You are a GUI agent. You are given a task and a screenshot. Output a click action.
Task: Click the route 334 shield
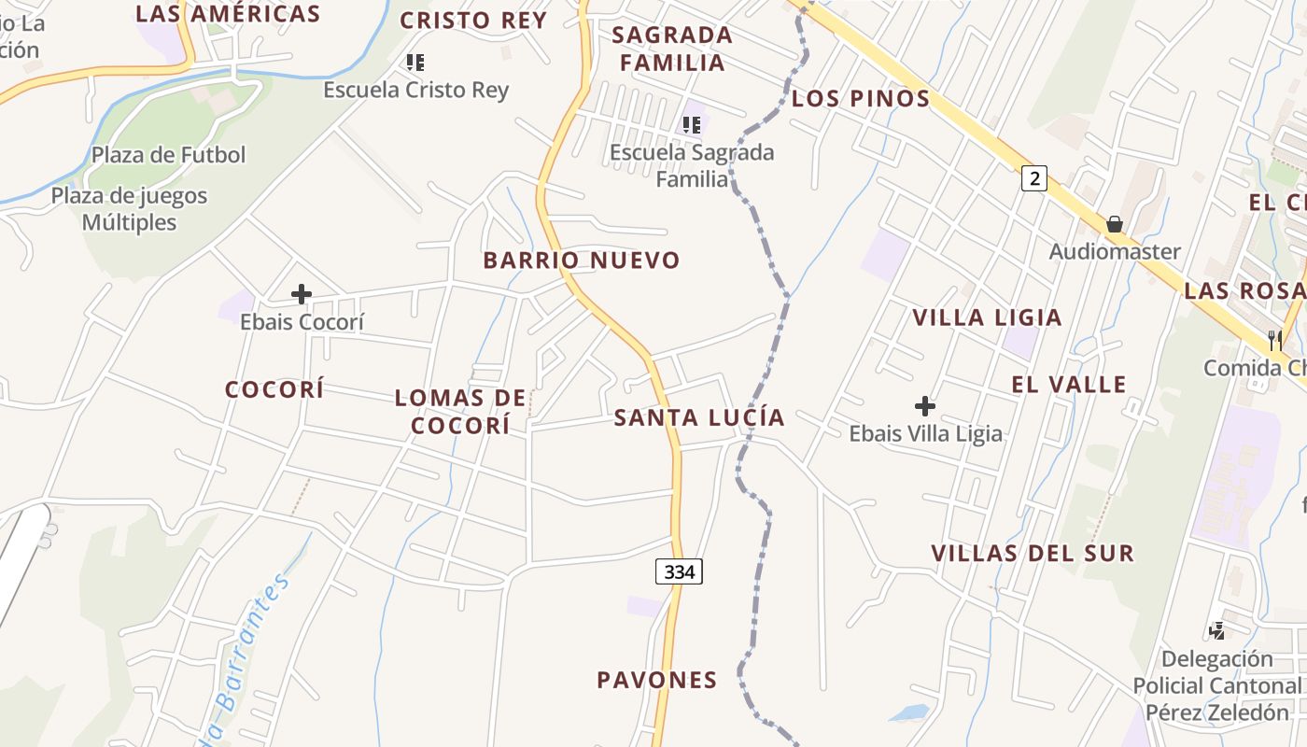tap(679, 571)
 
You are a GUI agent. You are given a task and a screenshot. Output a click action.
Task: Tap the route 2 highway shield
tap(1033, 177)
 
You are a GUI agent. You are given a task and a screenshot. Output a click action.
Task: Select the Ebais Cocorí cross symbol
tap(301, 295)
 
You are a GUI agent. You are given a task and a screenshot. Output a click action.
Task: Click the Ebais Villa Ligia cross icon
tap(925, 406)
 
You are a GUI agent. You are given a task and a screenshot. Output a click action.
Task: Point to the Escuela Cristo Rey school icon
tap(415, 63)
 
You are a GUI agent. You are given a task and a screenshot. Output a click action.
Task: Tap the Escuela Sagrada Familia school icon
tap(692, 124)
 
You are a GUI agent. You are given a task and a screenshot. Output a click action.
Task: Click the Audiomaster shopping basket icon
tap(1115, 224)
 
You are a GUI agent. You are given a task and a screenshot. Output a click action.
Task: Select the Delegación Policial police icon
tap(1216, 631)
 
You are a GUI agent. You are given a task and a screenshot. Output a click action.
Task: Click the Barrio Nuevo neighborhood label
tap(581, 261)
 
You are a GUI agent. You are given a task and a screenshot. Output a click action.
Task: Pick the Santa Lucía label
tap(699, 417)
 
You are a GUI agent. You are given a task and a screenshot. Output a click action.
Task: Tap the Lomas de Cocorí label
tap(461, 412)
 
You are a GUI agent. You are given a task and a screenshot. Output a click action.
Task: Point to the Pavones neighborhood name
tap(657, 680)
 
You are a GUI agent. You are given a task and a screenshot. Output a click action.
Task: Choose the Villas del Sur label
tap(1033, 553)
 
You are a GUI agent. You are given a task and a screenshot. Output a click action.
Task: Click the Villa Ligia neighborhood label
tap(987, 317)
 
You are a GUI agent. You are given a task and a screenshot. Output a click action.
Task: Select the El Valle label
tap(1069, 384)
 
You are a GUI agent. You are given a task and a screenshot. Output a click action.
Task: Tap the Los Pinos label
tap(861, 98)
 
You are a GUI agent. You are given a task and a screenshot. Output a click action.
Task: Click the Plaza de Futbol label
tap(169, 155)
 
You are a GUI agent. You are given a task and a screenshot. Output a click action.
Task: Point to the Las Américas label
tap(228, 13)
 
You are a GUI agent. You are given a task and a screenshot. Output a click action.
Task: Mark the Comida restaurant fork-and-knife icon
tap(1275, 340)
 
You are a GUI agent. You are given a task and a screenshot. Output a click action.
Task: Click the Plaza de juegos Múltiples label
tap(129, 209)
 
